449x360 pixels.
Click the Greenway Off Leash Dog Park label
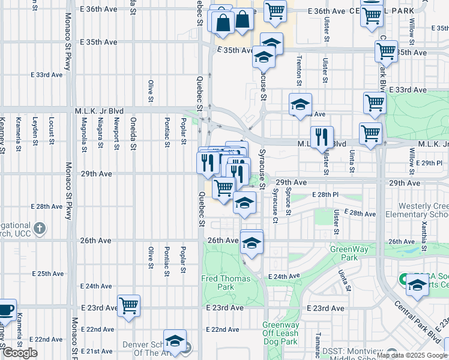[280, 334]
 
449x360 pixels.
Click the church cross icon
[40, 228]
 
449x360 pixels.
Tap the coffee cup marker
[5, 310]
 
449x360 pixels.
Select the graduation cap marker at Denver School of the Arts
[175, 341]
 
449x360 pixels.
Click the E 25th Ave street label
[47, 274]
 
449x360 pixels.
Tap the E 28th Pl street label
[325, 195]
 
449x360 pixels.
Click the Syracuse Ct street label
[275, 205]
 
